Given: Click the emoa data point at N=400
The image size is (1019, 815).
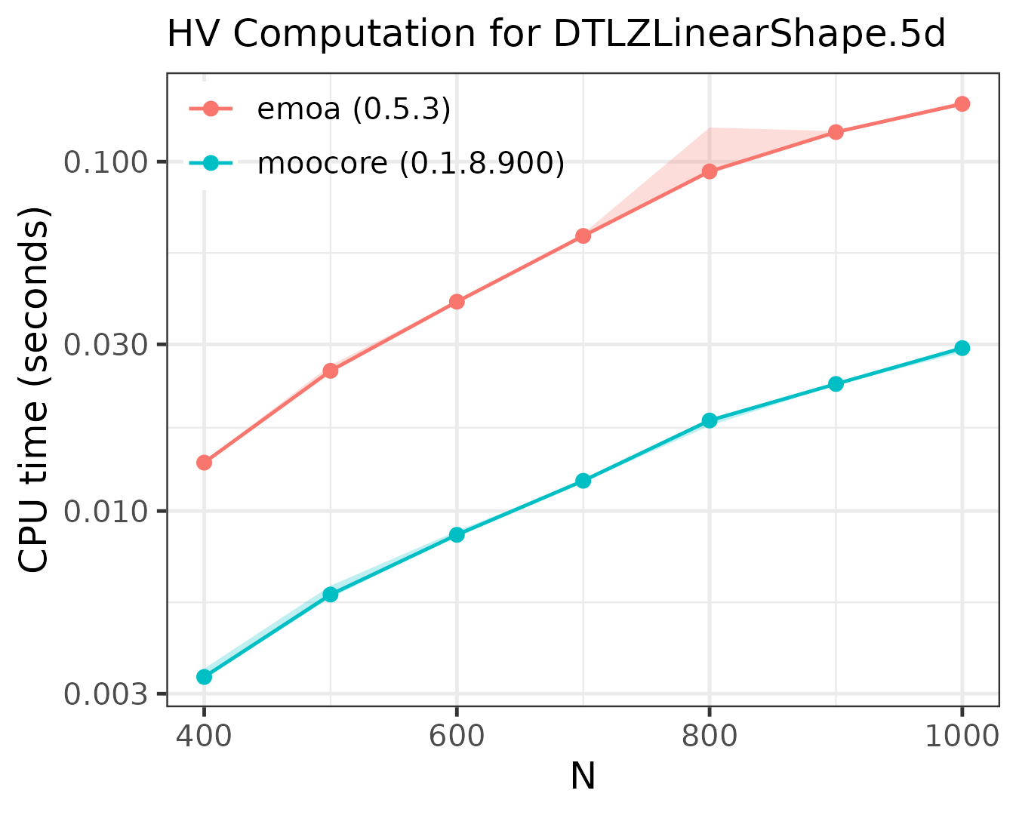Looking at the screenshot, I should pyautogui.click(x=204, y=462).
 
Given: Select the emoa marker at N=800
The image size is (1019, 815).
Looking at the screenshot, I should pyautogui.click(x=709, y=171).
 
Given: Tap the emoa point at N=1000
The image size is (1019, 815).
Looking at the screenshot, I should pyautogui.click(x=962, y=103).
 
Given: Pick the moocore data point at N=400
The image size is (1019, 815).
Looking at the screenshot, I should pyautogui.click(x=204, y=676).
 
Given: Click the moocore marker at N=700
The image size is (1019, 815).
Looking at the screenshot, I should pyautogui.click(x=583, y=481).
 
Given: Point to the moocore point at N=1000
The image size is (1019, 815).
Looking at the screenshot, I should pyautogui.click(x=962, y=348).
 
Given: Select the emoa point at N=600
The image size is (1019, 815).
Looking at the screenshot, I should pyautogui.click(x=457, y=302).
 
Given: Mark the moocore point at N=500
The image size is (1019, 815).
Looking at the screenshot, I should pyautogui.click(x=330, y=594).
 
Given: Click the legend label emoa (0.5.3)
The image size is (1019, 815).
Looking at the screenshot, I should pyautogui.click(x=354, y=109).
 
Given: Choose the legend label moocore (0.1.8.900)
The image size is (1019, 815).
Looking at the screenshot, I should pyautogui.click(x=411, y=163).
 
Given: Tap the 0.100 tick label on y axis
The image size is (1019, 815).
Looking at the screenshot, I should pyautogui.click(x=108, y=161).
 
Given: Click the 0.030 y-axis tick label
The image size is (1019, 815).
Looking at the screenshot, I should pyautogui.click(x=108, y=345).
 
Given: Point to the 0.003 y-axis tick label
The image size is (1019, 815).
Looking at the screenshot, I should pyautogui.click(x=108, y=694).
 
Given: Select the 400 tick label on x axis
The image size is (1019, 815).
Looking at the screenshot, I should pyautogui.click(x=204, y=736).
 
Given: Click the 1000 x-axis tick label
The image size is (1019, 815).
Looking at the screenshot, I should pyautogui.click(x=962, y=736).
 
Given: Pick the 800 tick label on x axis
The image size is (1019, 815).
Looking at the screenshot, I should pyautogui.click(x=709, y=736).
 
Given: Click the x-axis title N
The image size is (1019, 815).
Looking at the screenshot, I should pyautogui.click(x=583, y=777).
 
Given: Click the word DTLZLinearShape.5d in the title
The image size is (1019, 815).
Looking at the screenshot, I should pyautogui.click(x=749, y=35).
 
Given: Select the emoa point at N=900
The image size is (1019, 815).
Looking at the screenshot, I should pyautogui.click(x=835, y=132).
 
